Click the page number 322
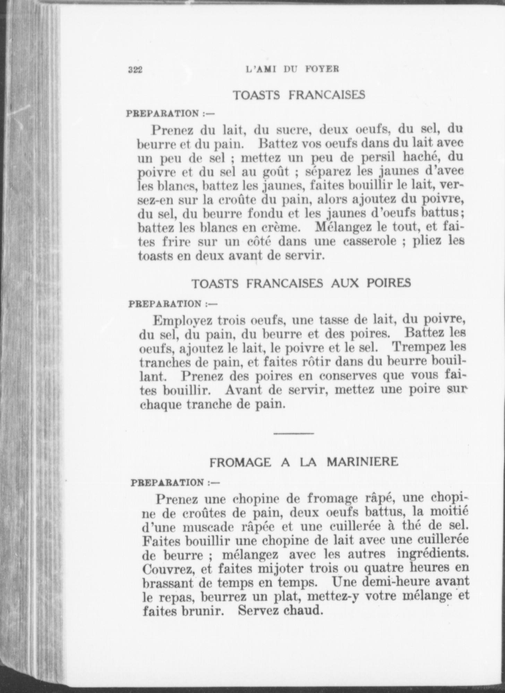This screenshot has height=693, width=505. click(136, 70)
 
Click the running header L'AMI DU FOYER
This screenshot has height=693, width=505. click(292, 69)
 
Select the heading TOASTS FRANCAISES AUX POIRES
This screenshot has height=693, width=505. click(301, 283)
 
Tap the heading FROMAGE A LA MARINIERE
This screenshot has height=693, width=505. click(304, 462)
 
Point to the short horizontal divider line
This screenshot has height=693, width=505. click(294, 433)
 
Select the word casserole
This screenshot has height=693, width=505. click(369, 242)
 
